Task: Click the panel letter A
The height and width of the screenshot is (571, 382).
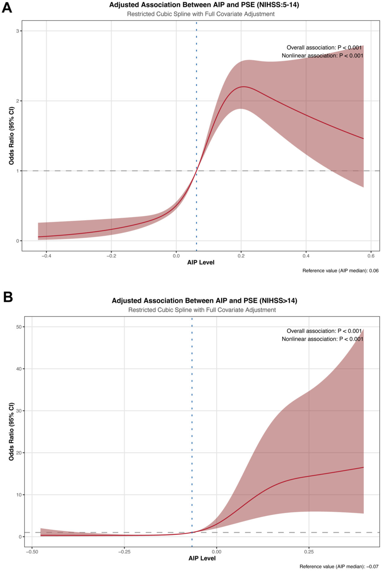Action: point(7,7)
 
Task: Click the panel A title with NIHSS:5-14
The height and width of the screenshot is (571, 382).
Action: point(204,5)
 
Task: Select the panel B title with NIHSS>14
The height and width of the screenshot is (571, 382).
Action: point(204,300)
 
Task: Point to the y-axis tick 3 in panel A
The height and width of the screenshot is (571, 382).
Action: point(18,31)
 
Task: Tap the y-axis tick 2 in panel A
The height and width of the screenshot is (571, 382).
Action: point(18,101)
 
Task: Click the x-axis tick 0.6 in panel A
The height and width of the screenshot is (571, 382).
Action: point(371,256)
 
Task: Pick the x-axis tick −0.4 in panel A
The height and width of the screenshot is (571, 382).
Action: point(46,256)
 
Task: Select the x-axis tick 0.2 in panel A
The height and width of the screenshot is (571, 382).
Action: point(241,256)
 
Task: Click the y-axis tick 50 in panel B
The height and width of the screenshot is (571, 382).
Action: point(19,327)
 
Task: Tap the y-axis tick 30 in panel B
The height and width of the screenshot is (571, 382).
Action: point(19,411)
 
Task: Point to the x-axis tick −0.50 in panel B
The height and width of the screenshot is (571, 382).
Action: point(32,552)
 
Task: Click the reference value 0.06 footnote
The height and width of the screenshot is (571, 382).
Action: point(340,271)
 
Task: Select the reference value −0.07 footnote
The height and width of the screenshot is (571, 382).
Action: point(339,567)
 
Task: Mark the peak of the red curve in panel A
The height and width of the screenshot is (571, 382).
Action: point(243,87)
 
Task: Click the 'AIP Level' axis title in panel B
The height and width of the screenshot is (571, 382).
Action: point(202,558)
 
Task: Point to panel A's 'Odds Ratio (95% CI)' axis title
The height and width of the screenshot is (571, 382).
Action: point(11,136)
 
